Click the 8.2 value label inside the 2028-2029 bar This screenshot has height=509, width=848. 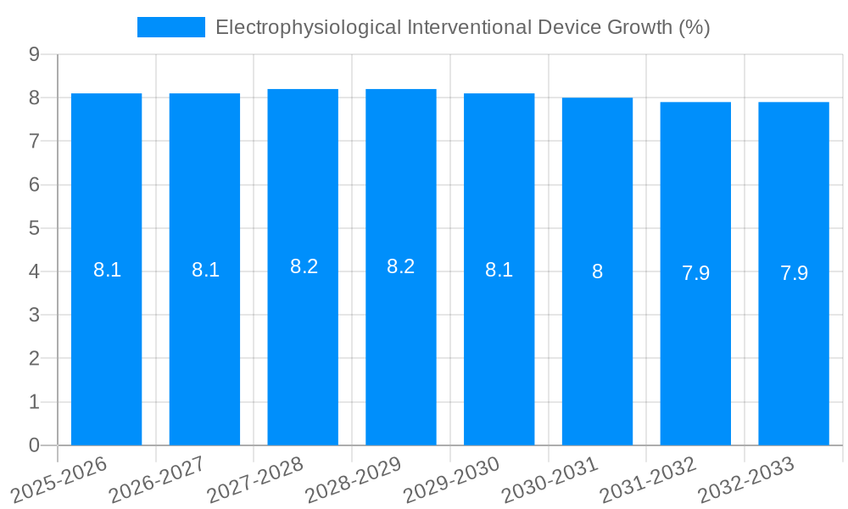400,266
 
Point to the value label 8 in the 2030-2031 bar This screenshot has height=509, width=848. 597,272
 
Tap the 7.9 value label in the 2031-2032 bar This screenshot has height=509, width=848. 695,273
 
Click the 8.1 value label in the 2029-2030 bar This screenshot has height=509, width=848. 499,271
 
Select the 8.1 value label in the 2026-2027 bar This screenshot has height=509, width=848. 205,271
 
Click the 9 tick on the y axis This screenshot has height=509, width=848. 34,54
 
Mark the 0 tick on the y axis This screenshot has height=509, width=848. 34,445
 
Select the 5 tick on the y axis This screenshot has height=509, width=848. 34,228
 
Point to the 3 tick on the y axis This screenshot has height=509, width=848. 34,316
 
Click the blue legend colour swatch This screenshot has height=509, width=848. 171,27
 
